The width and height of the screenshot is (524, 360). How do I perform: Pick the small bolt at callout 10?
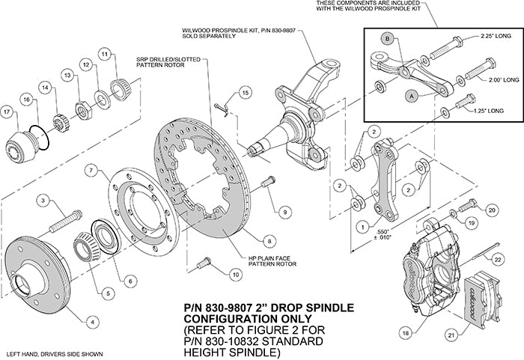[x=201, y=263]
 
